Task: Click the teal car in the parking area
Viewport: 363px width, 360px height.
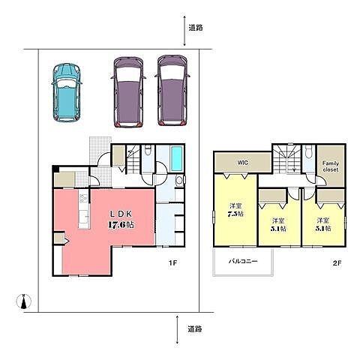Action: (x=67, y=92)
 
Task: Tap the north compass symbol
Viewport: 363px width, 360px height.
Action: (x=24, y=301)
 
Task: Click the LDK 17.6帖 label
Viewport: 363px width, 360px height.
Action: (x=121, y=219)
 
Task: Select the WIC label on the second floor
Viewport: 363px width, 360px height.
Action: (x=243, y=163)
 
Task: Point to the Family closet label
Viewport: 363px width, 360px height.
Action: (x=331, y=166)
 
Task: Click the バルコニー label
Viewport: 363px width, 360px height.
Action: (x=243, y=262)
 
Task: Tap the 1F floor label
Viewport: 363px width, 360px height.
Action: (x=172, y=262)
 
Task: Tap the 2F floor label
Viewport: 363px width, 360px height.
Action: (x=337, y=262)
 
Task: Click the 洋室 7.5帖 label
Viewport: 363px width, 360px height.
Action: (x=236, y=210)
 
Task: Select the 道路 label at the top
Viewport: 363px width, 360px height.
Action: (x=196, y=28)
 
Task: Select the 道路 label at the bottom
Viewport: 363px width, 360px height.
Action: (x=195, y=328)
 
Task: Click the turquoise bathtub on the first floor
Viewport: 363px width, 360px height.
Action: (x=177, y=159)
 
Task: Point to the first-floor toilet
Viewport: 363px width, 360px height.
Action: (x=148, y=151)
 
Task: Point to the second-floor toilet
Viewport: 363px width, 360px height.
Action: (x=309, y=151)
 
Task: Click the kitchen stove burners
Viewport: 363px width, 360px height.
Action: (x=84, y=199)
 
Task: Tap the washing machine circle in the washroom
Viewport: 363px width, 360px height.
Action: (x=179, y=180)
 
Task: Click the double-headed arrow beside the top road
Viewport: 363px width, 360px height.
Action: (x=184, y=31)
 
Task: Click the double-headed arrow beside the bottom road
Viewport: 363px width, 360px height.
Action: (x=177, y=329)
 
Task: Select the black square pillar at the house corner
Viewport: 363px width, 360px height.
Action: (x=55, y=169)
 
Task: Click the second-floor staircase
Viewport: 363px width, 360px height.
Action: (x=286, y=159)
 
